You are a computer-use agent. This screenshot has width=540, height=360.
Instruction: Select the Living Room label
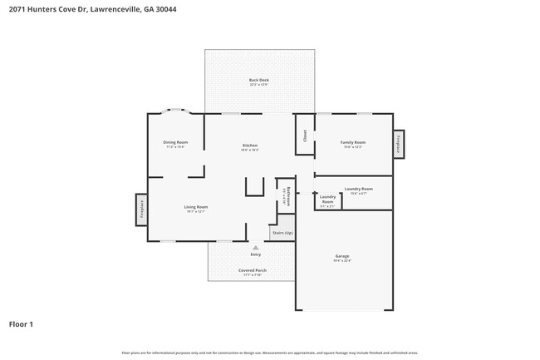pyautogui.click(x=196, y=208)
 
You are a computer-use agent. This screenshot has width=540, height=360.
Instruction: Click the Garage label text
pyautogui.click(x=341, y=258)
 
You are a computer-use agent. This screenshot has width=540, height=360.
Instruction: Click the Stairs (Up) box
pyautogui.click(x=282, y=233)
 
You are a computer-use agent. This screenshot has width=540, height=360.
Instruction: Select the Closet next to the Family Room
pyautogui.click(x=305, y=135)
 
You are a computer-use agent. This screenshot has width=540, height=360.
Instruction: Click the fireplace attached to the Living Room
pyautogui.click(x=141, y=210)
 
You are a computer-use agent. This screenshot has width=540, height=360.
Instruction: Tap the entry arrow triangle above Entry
pyautogui.click(x=255, y=247)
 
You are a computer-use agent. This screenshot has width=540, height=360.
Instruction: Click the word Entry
pyautogui.click(x=255, y=254)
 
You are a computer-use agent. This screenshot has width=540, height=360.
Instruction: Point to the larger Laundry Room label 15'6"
pyautogui.click(x=358, y=190)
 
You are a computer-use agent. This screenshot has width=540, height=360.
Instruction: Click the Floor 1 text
pyautogui.click(x=21, y=323)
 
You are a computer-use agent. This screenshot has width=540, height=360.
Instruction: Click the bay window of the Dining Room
pyautogui.click(x=176, y=110)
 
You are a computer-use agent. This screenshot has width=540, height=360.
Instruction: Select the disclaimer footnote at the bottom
pyautogui.click(x=269, y=353)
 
